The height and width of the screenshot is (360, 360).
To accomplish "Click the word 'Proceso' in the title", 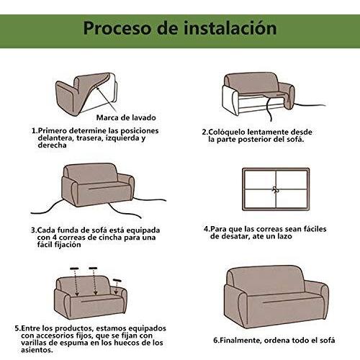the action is pos(118,29).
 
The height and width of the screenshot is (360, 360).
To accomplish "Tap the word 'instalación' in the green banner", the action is pos(230,27).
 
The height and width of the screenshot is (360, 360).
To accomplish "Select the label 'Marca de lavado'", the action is pos(126,117).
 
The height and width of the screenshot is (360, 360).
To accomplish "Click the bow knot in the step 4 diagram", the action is pos(276,189).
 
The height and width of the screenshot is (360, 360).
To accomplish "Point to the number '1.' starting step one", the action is pos(35,131).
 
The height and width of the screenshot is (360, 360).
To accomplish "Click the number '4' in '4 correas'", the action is pos(54,238).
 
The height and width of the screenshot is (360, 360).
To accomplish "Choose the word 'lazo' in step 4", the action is pos(284,236).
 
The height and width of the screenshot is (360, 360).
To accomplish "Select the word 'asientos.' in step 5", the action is pos(37,350).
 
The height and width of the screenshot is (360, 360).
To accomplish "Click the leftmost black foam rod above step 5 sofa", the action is pos(74,269).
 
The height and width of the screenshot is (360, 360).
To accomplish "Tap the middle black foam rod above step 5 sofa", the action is pos(93,268).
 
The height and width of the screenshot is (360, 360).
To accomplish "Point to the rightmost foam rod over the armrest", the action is pos(117,280).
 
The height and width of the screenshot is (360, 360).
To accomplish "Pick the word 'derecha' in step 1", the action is pos(52,145).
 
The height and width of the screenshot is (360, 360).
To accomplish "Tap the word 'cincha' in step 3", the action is pos(109,238).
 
